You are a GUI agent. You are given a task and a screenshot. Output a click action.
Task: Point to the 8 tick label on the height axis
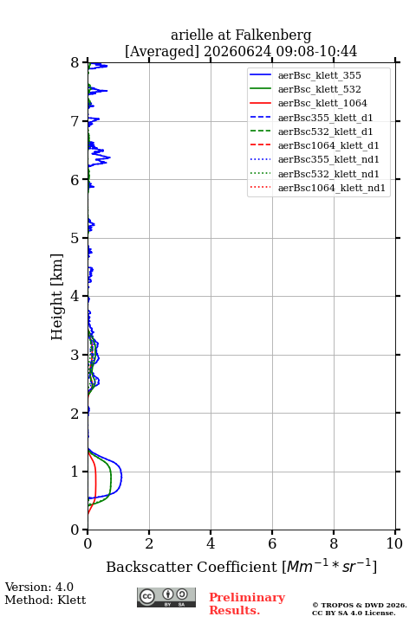pyautogui.click(x=75, y=62)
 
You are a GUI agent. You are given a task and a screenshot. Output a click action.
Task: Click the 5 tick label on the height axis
pyautogui.click(x=75, y=238)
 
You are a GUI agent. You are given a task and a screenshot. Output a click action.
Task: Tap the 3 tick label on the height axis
pyautogui.click(x=75, y=355)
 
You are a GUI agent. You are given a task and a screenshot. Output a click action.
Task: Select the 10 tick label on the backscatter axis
pyautogui.click(x=394, y=543)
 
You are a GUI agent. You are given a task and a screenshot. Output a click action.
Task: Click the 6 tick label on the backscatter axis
pyautogui.click(x=272, y=543)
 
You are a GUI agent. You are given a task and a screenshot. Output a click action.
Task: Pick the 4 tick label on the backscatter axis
pyautogui.click(x=211, y=543)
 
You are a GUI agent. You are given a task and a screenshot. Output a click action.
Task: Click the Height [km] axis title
pyautogui.click(x=57, y=297)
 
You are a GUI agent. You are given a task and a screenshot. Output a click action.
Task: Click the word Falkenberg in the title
pyautogui.click(x=274, y=35)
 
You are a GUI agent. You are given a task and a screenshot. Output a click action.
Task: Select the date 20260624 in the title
pyautogui.click(x=237, y=52)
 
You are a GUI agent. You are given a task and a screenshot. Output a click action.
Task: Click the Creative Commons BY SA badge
pyautogui.click(x=166, y=597)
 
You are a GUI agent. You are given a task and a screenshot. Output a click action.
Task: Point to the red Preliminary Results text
pyautogui.click(x=247, y=604)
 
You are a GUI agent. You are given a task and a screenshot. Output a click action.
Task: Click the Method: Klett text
pyautogui.click(x=45, y=600)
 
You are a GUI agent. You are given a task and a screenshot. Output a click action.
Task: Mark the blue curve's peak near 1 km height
pyautogui.click(x=122, y=477)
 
